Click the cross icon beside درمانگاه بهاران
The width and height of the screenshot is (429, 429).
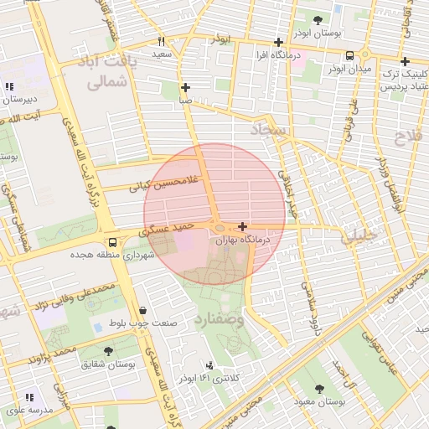[243, 226]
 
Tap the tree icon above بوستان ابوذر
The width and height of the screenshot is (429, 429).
[317, 20]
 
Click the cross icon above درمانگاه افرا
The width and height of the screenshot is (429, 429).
[279, 42]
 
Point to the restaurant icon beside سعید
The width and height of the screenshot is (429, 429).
[161, 41]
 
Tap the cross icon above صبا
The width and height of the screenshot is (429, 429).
[185, 87]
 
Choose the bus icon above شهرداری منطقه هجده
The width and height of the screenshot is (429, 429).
[124, 241]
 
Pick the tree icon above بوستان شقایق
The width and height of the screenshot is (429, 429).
[108, 350]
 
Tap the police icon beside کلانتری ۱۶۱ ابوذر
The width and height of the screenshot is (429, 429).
[209, 365]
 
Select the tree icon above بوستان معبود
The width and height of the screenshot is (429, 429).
[320, 388]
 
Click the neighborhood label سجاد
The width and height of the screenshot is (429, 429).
[269, 130]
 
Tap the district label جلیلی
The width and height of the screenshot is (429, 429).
[359, 237]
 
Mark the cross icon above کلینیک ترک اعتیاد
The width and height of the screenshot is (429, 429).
[406, 61]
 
